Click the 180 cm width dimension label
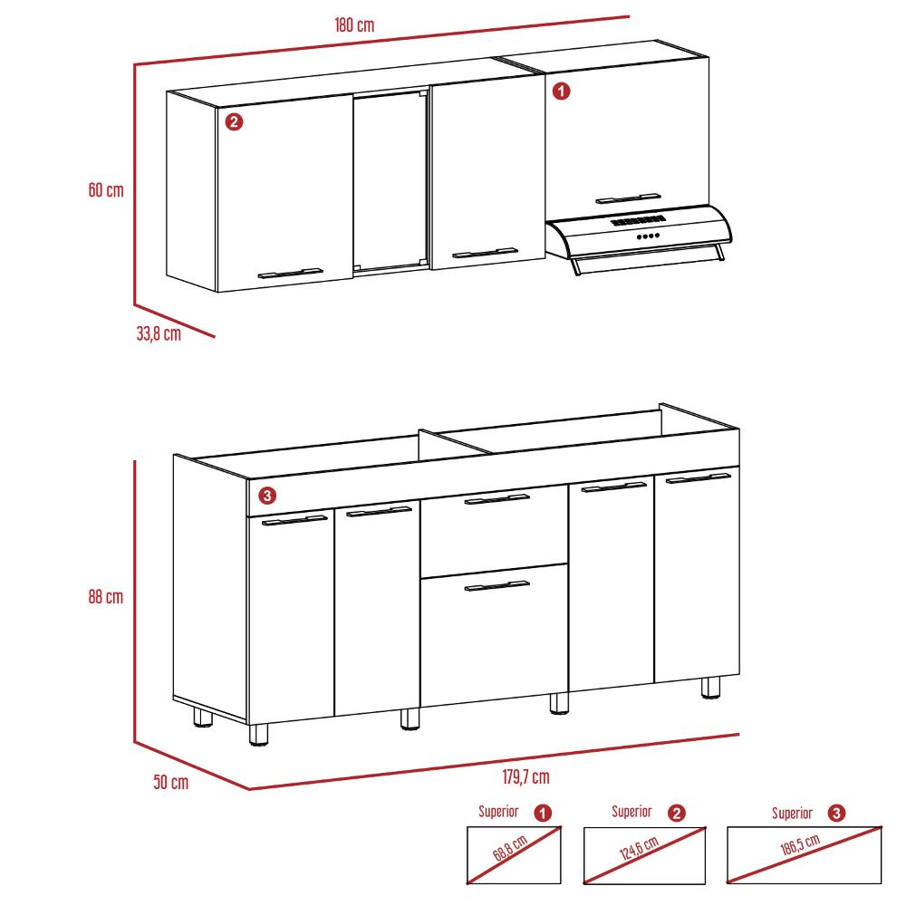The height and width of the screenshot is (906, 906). point(354,24)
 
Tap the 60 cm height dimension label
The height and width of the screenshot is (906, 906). point(106,189)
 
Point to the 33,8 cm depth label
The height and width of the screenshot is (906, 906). point(159,333)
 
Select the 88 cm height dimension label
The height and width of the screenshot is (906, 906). point(106,596)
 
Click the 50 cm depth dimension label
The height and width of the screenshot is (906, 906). point(171,782)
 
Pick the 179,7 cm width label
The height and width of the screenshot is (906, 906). point(525,776)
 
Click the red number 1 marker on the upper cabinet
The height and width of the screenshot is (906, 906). point(561,92)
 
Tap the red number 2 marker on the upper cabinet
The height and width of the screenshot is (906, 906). point(234,122)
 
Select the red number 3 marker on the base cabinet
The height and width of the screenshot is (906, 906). point(267,496)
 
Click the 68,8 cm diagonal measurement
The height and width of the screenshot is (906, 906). point(510,848)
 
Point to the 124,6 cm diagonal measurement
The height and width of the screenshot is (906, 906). point(639,848)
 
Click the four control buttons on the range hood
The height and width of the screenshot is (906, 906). point(648,236)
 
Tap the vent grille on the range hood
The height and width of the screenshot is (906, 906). point(638,220)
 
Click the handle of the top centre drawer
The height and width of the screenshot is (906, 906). point(496,498)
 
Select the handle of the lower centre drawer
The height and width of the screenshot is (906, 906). point(496,585)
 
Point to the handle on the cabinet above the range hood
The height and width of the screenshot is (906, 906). point(628,198)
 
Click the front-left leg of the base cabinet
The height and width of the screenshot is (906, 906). point(258,735)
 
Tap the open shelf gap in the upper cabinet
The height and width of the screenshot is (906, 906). point(390,180)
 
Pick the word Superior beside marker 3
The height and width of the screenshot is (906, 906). point(792,814)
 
